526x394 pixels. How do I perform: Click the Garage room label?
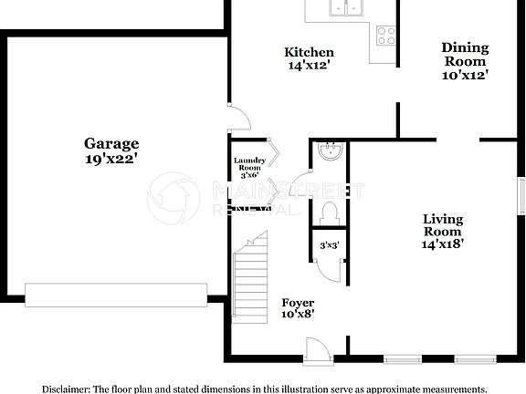tap(111, 143)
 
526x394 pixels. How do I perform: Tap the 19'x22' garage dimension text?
tap(111, 159)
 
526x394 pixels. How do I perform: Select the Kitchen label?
tap(309, 52)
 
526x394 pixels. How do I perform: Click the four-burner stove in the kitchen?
tap(385, 36)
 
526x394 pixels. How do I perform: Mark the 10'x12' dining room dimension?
tap(465, 76)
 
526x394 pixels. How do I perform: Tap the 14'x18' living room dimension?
tap(442, 244)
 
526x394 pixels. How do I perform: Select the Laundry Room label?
tap(249, 164)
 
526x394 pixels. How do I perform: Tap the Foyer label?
tap(297, 303)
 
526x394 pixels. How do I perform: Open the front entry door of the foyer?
tap(317, 350)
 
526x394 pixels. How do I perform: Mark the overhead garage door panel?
tap(115, 295)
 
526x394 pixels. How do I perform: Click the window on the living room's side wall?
tap(521, 194)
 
